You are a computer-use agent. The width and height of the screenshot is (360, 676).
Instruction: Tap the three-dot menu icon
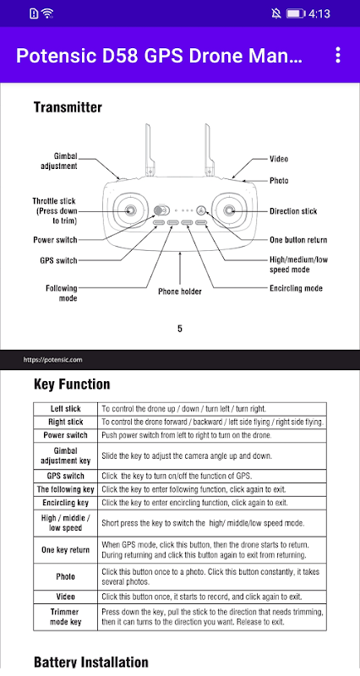pyautogui.click(x=338, y=55)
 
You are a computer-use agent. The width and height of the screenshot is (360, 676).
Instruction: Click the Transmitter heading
pyautogui.click(x=68, y=107)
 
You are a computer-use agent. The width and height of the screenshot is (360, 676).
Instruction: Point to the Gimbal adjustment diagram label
pyautogui.click(x=59, y=161)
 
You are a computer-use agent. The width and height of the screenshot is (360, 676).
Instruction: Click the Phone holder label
pyautogui.click(x=180, y=292)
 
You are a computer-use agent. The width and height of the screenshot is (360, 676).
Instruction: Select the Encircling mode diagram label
pyautogui.click(x=296, y=288)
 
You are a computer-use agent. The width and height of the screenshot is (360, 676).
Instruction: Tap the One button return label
pyautogui.click(x=298, y=240)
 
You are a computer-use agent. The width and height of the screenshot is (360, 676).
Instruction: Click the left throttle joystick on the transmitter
pyautogui.click(x=130, y=210)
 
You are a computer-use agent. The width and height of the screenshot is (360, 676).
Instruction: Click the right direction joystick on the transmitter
pyautogui.click(x=229, y=210)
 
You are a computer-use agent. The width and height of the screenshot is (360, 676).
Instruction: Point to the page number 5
pyautogui.click(x=180, y=329)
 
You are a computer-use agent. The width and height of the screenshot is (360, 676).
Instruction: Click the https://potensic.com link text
pyautogui.click(x=52, y=360)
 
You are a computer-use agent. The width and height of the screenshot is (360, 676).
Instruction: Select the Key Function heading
pyautogui.click(x=72, y=384)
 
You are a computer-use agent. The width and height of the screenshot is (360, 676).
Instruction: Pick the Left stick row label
pyautogui.click(x=66, y=409)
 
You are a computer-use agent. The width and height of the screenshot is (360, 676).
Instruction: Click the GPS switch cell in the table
pyautogui.click(x=66, y=476)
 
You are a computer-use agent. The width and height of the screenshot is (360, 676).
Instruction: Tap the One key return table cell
pyautogui.click(x=66, y=550)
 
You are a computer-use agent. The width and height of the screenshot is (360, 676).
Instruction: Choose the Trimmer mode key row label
pyautogui.click(x=66, y=617)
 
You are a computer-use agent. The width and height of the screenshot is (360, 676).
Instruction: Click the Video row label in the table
pyautogui.click(x=66, y=597)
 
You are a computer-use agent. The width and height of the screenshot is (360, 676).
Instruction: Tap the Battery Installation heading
pyautogui.click(x=91, y=662)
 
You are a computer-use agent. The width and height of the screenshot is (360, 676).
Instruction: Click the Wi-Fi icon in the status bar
pyautogui.click(x=47, y=14)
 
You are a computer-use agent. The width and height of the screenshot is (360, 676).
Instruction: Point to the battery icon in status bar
pyautogui.click(x=296, y=14)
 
